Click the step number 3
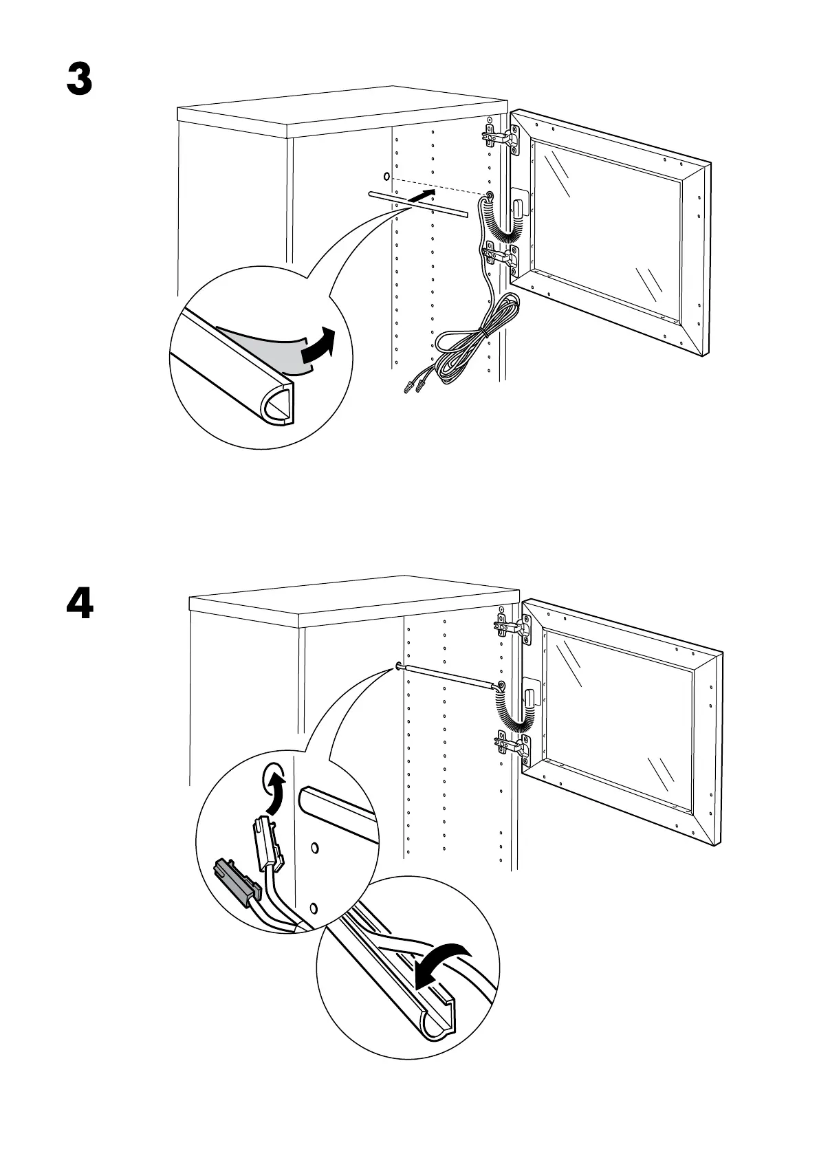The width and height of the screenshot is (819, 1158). coord(79,80)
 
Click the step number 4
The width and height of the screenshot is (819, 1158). coord(80,605)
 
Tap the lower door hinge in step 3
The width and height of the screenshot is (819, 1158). coord(501,255)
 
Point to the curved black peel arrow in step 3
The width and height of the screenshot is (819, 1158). coord(318,345)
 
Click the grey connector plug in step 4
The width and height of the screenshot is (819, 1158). coord(237,882)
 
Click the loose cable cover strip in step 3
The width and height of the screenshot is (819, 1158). coord(417,205)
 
